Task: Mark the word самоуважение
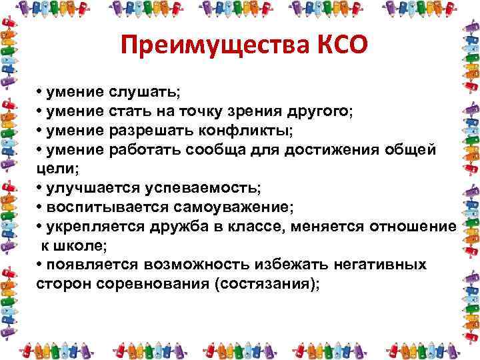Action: [x=225, y=208]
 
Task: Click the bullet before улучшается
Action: [x=40, y=188]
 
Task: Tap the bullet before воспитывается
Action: [x=40, y=208]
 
